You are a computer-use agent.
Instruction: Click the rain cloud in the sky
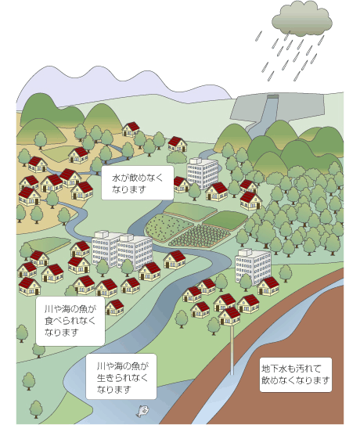click(x=302, y=19)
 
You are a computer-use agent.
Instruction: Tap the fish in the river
click(x=142, y=411)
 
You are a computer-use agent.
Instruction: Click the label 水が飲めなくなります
click(x=138, y=183)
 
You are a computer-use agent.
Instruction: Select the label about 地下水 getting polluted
click(x=296, y=374)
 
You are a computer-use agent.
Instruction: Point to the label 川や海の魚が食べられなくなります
click(x=70, y=321)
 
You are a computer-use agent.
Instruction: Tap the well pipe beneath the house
click(x=232, y=350)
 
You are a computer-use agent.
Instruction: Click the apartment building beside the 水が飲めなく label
click(x=203, y=173)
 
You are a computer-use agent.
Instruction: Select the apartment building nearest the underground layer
click(x=253, y=266)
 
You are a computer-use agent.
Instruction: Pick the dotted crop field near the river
click(x=169, y=228)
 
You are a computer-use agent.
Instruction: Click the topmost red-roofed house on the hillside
click(x=131, y=129)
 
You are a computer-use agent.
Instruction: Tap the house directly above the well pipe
click(x=229, y=316)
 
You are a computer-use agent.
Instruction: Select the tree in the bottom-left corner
click(x=36, y=409)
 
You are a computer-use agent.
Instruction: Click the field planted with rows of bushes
click(x=200, y=236)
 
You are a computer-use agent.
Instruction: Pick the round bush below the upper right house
click(x=177, y=157)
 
